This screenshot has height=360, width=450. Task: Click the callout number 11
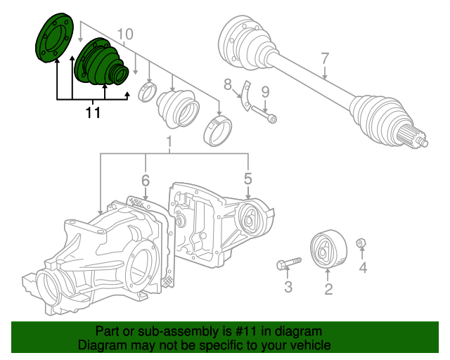click(x=93, y=112)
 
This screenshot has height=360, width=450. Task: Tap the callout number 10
click(x=125, y=34)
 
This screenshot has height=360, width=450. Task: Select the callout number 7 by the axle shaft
click(x=325, y=58)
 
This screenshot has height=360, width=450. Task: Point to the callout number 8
click(x=228, y=84)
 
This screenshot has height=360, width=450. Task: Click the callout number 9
click(x=265, y=92)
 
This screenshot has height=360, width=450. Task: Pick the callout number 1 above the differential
click(x=169, y=142)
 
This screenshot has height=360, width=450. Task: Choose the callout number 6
click(x=146, y=180)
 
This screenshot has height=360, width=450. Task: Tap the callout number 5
click(x=248, y=179)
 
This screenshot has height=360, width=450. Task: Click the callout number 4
click(x=363, y=268)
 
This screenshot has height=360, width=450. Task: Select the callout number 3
click(x=288, y=286)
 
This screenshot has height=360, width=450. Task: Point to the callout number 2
click(x=328, y=289)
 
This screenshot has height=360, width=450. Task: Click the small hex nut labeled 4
click(x=361, y=243)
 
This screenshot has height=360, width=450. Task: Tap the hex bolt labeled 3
click(x=289, y=263)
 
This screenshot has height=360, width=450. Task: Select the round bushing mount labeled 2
click(x=328, y=249)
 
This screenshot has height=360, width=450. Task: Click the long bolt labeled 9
click(x=264, y=114)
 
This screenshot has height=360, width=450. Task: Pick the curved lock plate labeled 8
click(x=246, y=96)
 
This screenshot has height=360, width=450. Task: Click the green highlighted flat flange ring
click(x=55, y=37)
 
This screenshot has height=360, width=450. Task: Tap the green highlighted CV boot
click(x=101, y=62)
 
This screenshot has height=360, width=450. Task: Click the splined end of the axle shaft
click(x=413, y=139)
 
